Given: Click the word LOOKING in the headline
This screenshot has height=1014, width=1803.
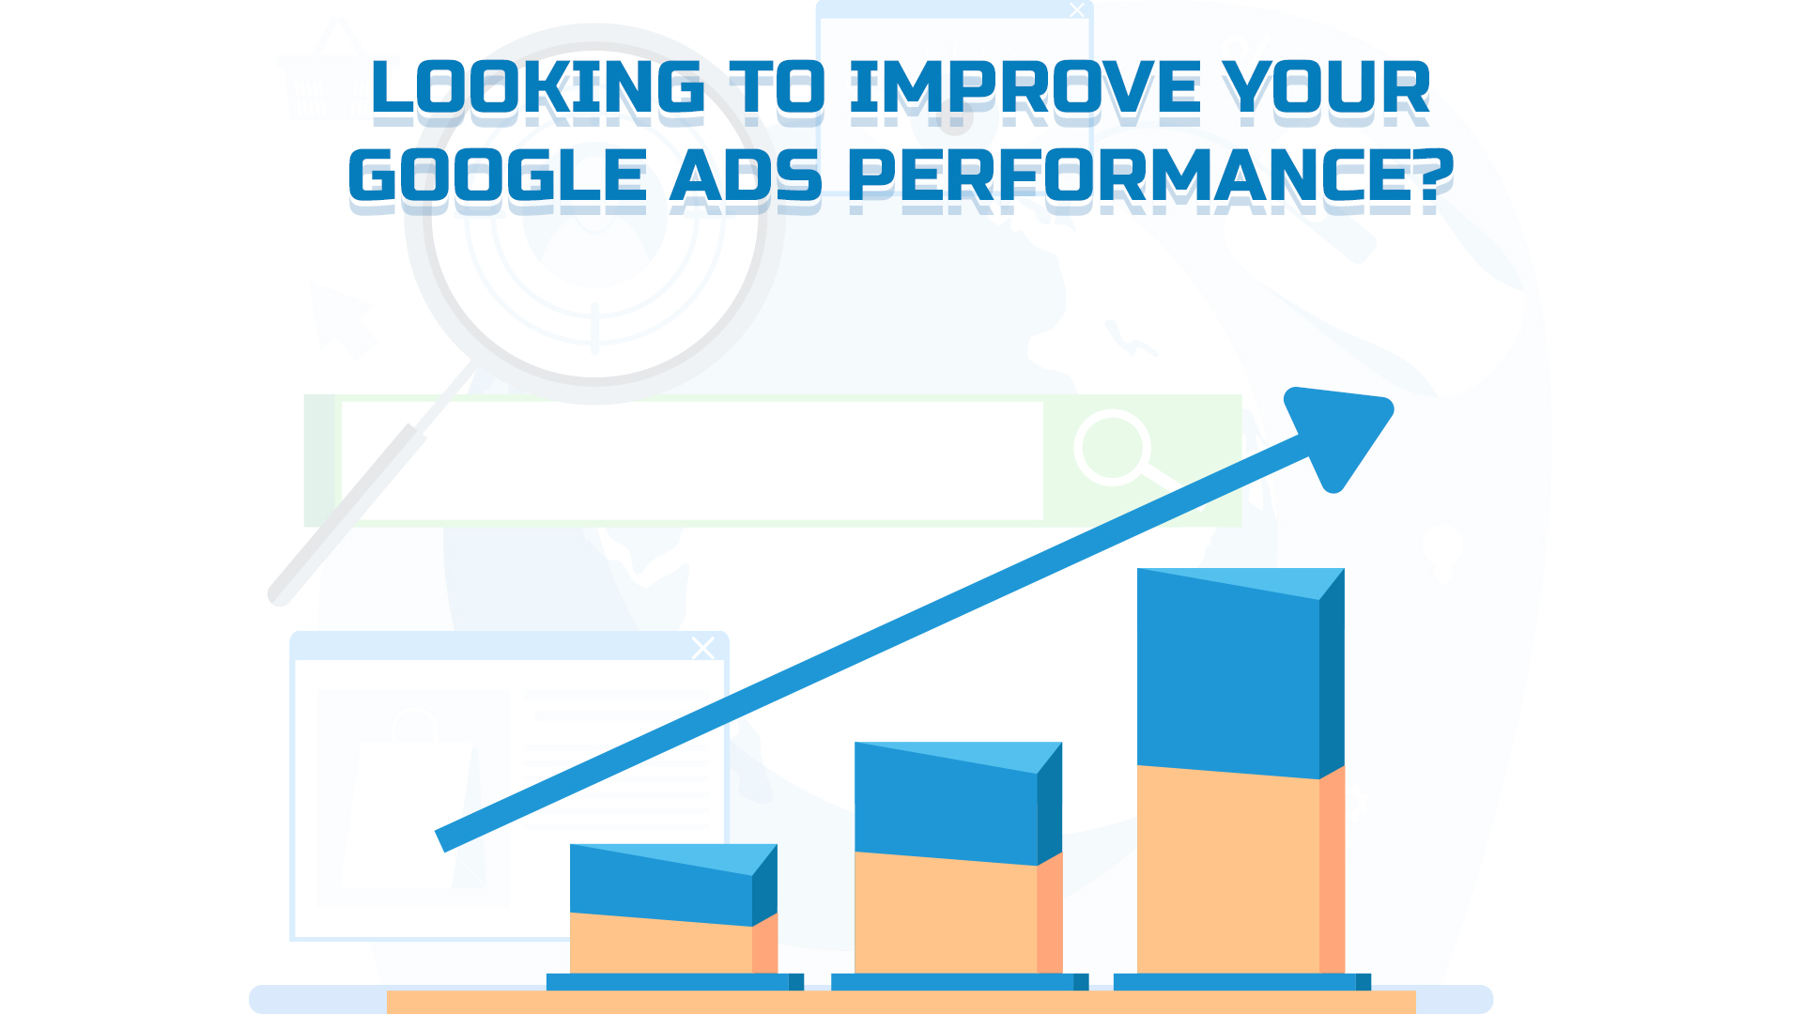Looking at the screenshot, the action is click(x=538, y=87).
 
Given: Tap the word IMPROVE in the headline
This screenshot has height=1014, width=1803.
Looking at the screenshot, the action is click(x=1025, y=87).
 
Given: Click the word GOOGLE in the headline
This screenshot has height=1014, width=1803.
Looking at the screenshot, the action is click(x=498, y=175).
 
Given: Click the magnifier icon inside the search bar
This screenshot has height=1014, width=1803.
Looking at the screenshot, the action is click(x=1114, y=449).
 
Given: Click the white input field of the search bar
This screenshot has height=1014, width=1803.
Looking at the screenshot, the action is click(x=693, y=460).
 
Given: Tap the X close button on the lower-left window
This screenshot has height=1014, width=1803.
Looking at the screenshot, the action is click(x=703, y=648).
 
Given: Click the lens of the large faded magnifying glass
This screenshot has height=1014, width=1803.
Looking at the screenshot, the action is click(x=593, y=214).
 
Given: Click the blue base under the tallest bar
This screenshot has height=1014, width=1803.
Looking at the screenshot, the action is click(x=1242, y=982).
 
